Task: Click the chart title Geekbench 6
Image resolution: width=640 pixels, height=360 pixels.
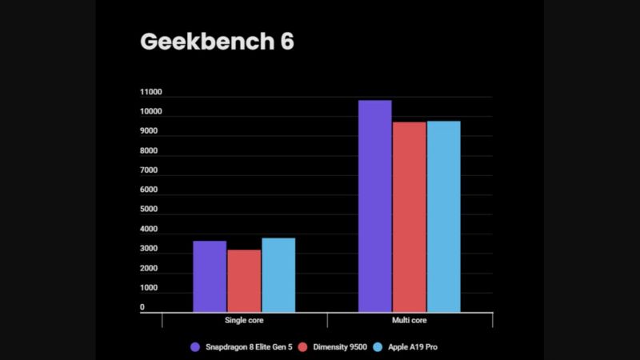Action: [217, 42]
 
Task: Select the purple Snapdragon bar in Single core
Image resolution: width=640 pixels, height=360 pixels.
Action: [210, 276]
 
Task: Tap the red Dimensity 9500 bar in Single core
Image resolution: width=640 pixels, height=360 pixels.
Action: [244, 281]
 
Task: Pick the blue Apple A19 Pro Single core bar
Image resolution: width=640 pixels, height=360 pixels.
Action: [278, 274]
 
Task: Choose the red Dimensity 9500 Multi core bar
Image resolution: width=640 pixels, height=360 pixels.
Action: [409, 217]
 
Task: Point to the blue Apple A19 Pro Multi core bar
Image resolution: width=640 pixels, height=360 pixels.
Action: [443, 216]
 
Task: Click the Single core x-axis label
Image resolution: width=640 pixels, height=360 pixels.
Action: [244, 321]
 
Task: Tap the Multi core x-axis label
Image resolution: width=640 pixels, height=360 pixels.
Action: [409, 321]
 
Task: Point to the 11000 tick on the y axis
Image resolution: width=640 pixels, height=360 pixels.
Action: [151, 92]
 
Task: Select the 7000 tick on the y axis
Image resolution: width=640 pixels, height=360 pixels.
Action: [149, 170]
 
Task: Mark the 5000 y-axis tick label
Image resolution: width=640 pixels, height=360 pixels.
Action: [149, 210]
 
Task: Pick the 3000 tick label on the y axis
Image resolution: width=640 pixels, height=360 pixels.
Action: [149, 249]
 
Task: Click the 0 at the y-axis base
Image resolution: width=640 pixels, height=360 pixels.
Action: [142, 307]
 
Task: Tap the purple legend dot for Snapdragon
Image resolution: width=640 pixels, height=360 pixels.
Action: [195, 347]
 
